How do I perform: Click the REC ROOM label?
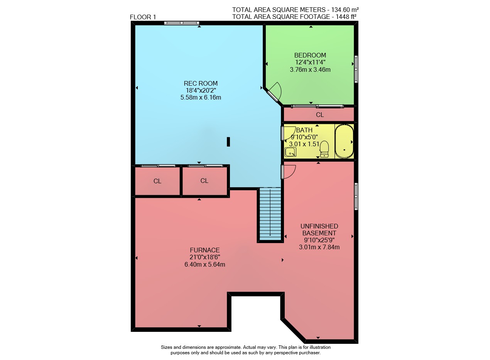(201, 83)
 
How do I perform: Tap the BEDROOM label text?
(310, 55)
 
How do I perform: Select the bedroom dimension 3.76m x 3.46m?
(310, 70)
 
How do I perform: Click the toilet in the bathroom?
(324, 149)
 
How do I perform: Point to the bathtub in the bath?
(344, 141)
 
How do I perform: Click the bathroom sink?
(291, 152)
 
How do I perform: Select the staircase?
(270, 214)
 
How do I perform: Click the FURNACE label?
(205, 250)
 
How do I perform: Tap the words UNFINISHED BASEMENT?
(319, 230)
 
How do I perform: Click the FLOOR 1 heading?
(143, 17)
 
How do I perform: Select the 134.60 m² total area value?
(345, 10)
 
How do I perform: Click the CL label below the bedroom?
(320, 115)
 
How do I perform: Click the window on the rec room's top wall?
(182, 23)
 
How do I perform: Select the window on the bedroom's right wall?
(356, 69)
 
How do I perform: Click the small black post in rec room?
(228, 142)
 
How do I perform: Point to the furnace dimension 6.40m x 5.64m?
(205, 264)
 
